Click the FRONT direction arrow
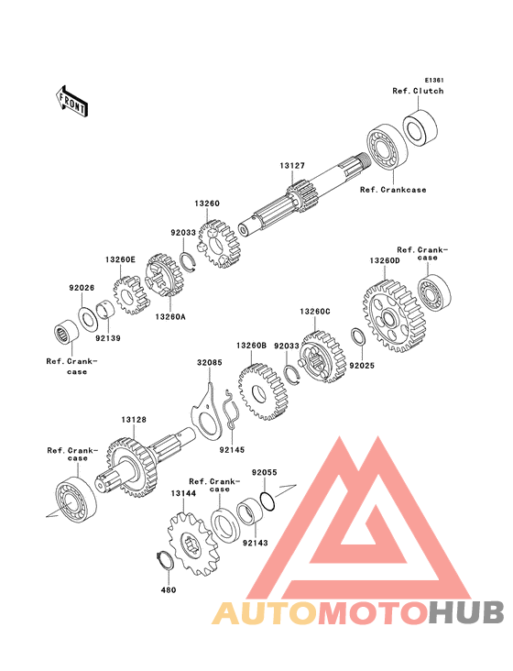(x=71, y=102)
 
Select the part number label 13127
(x=292, y=166)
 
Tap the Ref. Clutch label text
(x=418, y=91)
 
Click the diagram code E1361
(x=434, y=80)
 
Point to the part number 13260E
(x=121, y=259)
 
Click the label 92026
(x=82, y=288)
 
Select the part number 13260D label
(x=385, y=260)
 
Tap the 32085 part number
(x=210, y=362)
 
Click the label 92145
(x=232, y=450)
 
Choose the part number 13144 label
(x=183, y=493)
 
